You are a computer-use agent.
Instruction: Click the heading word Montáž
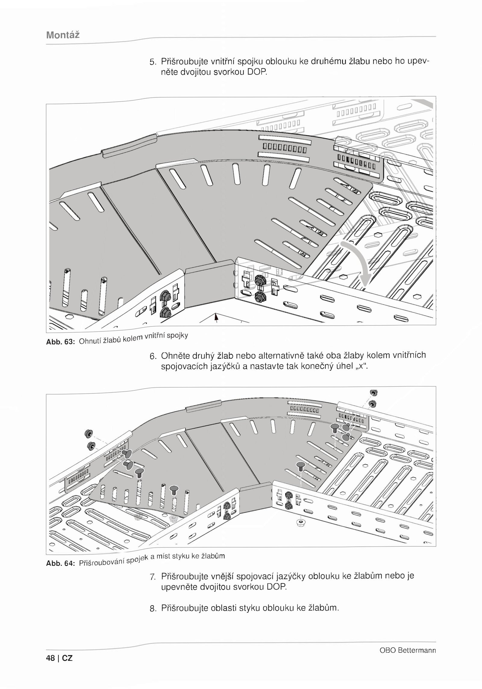(x=63, y=35)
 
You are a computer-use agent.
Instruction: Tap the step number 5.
(x=153, y=62)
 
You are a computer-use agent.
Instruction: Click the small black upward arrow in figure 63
(x=216, y=317)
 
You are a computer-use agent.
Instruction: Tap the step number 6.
(x=153, y=357)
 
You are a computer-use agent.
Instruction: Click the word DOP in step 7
(x=277, y=587)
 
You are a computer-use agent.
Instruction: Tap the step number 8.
(x=153, y=609)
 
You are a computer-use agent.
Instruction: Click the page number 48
(x=51, y=658)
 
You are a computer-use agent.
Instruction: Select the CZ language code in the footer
(x=67, y=658)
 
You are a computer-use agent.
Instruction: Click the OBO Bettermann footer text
(x=408, y=650)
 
